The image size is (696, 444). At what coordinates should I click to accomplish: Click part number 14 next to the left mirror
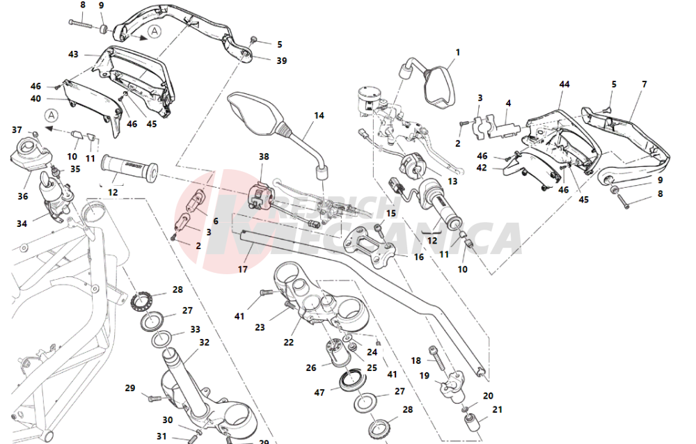(319, 116)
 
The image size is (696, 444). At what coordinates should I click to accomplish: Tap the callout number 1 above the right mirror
(458, 52)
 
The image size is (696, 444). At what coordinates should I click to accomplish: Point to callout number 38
(263, 157)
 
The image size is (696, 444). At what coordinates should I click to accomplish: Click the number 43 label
(73, 54)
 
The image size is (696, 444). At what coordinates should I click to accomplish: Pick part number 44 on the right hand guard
(564, 84)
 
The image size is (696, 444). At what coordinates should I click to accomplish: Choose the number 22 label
(289, 342)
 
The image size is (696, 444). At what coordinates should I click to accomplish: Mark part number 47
(319, 393)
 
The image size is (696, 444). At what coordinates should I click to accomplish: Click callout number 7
(644, 84)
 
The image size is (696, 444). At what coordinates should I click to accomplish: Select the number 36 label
(23, 197)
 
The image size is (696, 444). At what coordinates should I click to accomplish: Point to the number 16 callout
(418, 257)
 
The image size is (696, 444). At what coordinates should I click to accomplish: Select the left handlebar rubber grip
(130, 167)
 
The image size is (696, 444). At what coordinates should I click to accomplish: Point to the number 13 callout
(452, 181)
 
